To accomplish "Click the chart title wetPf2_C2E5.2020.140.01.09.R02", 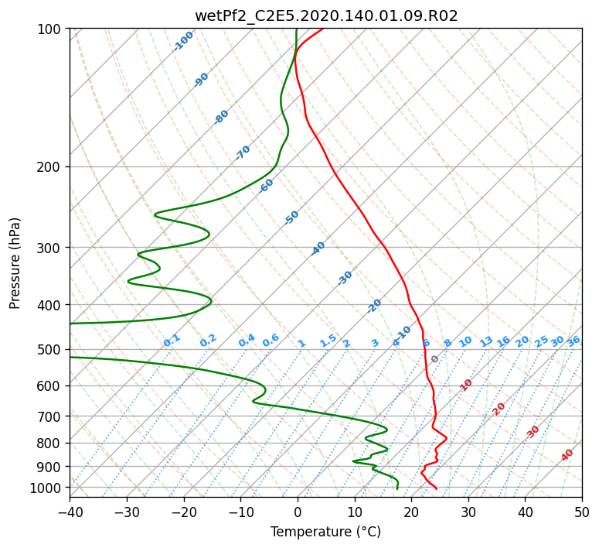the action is pyautogui.click(x=326, y=16).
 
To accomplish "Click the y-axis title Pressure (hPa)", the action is pyautogui.click(x=15, y=263).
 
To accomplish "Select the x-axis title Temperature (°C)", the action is pyautogui.click(x=326, y=532).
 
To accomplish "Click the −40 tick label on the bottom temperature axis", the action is pyautogui.click(x=70, y=512).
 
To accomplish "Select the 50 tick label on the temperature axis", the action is pyautogui.click(x=582, y=512).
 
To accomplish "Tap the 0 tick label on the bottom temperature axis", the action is pyautogui.click(x=298, y=512).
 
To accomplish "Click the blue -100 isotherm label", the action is pyautogui.click(x=183, y=41).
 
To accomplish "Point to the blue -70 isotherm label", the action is pyautogui.click(x=243, y=152).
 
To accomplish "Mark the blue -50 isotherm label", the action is pyautogui.click(x=291, y=217).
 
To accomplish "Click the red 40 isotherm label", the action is pyautogui.click(x=567, y=455).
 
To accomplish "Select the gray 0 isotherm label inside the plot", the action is pyautogui.click(x=434, y=359).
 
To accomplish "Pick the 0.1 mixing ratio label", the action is pyautogui.click(x=172, y=341).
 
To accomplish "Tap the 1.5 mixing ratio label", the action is pyautogui.click(x=328, y=341).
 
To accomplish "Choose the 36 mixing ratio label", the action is pyautogui.click(x=573, y=341).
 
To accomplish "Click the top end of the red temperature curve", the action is pyautogui.click(x=324, y=29).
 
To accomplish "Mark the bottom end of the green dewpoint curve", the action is pyautogui.click(x=397, y=488).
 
